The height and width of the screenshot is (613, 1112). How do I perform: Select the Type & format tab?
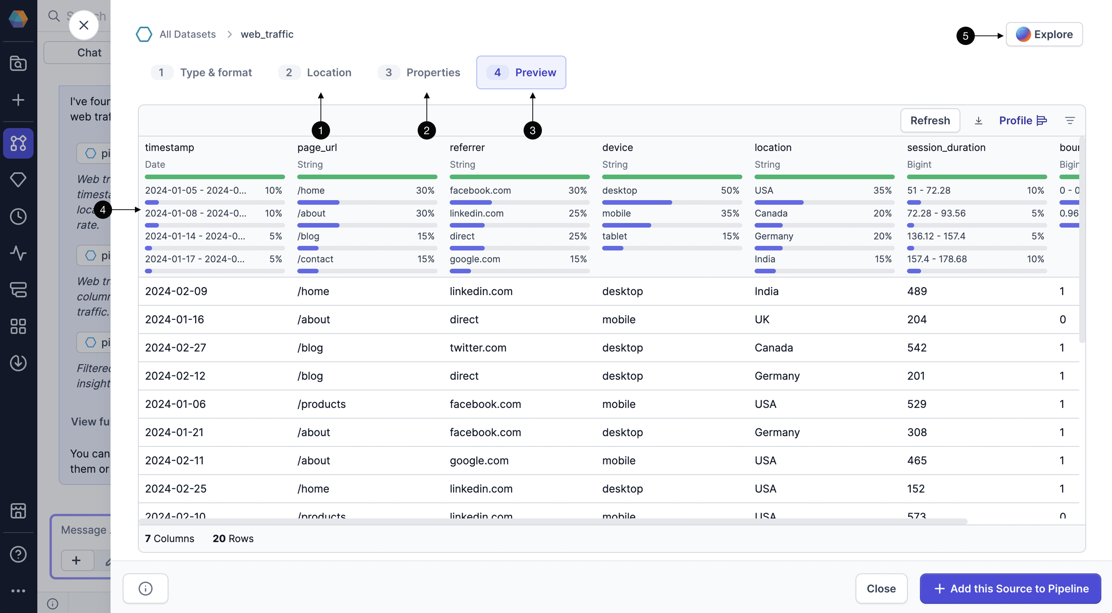[202, 72]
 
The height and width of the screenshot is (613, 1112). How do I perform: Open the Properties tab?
[419, 72]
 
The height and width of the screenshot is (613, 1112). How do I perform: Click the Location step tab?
[315, 72]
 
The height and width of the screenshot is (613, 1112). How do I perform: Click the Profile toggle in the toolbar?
[1022, 120]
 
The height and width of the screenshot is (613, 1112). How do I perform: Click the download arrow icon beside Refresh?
[978, 120]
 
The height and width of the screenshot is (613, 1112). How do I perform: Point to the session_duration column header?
[946, 148]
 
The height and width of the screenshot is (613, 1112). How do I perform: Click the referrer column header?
[467, 148]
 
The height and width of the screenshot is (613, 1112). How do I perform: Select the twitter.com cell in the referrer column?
[478, 348]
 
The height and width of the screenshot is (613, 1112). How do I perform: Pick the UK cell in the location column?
[762, 319]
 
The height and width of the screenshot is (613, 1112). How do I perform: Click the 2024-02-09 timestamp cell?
[176, 291]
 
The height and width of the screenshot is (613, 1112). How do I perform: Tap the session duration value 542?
[917, 348]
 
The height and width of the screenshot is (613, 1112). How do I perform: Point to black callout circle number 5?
[965, 36]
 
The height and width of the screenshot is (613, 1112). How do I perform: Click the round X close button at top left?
[84, 25]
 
